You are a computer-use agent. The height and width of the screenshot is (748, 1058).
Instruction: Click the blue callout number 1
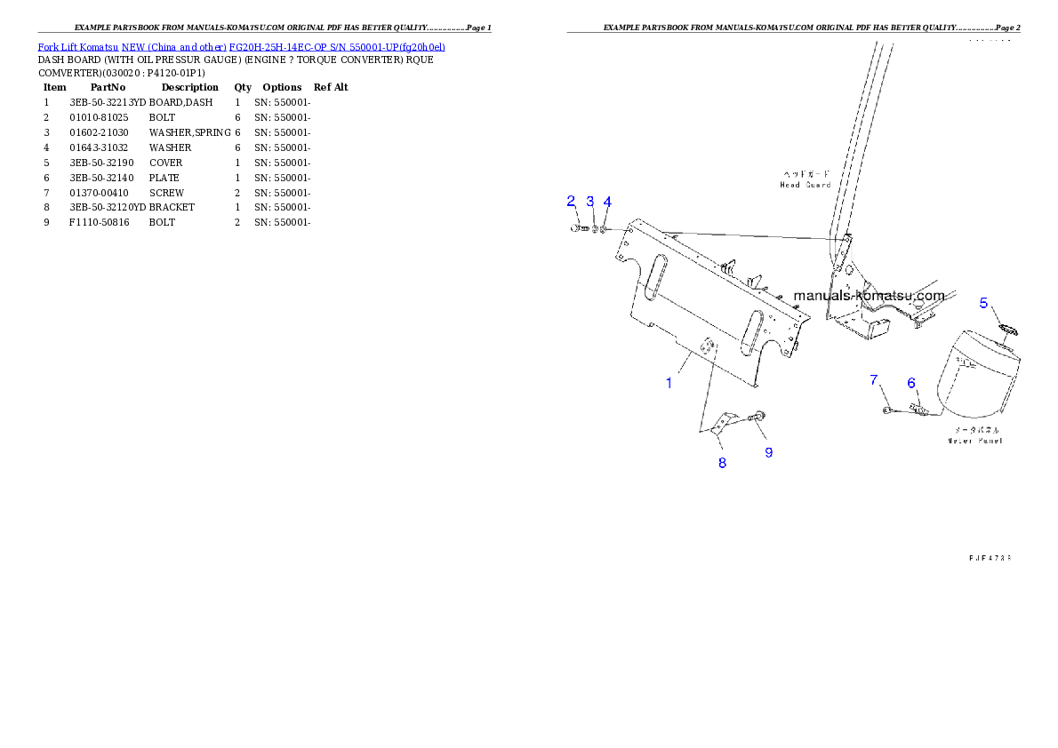click(x=669, y=383)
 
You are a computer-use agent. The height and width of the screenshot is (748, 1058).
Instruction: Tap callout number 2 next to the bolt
click(x=572, y=202)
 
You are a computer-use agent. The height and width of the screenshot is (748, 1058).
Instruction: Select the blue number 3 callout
click(x=589, y=202)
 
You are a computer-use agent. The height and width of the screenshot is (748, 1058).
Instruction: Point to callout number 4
click(x=607, y=202)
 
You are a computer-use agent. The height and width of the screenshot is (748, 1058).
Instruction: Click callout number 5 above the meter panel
click(x=984, y=303)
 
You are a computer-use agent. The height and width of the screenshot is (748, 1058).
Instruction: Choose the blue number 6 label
click(x=911, y=383)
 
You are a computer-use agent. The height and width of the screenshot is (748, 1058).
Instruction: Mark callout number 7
click(x=874, y=380)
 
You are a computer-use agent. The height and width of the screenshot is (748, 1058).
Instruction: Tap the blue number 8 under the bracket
click(x=722, y=462)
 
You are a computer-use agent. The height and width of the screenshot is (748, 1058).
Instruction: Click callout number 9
click(x=769, y=452)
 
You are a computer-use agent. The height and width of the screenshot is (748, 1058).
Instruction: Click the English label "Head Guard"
click(x=806, y=185)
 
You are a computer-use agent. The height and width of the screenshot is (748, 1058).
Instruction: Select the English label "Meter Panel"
click(x=974, y=441)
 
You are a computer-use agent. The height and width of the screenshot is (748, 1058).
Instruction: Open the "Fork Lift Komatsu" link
click(x=78, y=46)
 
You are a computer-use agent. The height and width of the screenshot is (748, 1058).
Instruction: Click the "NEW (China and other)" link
click(x=174, y=46)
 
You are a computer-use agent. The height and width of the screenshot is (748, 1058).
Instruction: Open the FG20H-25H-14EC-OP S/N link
click(x=337, y=46)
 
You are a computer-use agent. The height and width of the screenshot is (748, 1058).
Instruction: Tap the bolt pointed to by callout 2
click(x=577, y=229)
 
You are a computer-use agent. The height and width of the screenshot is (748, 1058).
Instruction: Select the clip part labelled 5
click(x=1007, y=330)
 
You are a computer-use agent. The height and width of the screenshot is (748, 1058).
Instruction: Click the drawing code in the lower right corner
click(x=990, y=558)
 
